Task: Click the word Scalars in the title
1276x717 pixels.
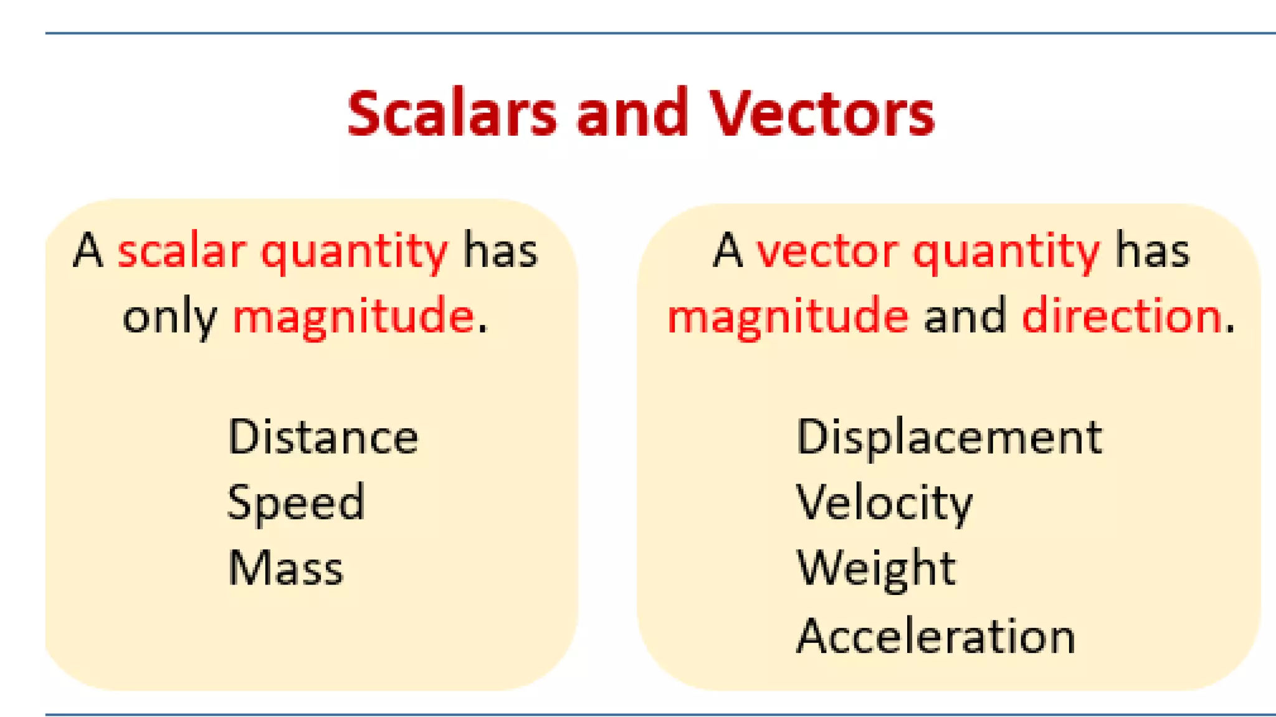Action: pos(452,113)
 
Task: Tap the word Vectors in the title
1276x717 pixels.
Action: pos(822,113)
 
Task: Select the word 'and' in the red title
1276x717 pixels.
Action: pos(632,113)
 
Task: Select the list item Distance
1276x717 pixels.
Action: pos(323,437)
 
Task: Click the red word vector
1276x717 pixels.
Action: pos(827,251)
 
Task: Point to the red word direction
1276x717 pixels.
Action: pos(1121,316)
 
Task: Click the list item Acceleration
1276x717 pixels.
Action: pos(936,636)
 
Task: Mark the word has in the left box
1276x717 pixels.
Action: pos(500,251)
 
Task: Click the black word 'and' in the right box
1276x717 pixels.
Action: pos(964,316)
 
